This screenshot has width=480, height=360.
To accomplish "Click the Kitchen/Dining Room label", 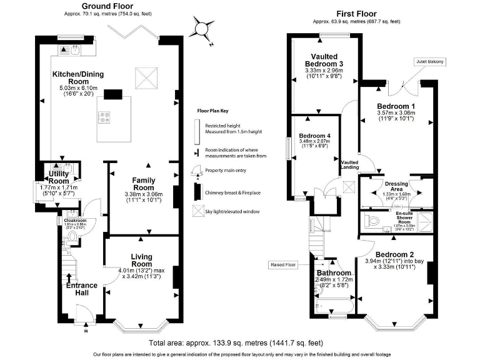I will [x=78, y=77].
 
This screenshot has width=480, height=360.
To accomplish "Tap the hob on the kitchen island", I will [x=104, y=116].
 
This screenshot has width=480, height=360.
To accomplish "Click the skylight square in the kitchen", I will [x=148, y=80].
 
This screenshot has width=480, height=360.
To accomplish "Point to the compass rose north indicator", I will [x=202, y=29].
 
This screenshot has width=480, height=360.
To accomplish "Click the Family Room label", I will [x=143, y=184].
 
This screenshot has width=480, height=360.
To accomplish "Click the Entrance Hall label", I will [x=81, y=289].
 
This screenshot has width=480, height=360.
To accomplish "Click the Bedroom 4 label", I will [x=314, y=136].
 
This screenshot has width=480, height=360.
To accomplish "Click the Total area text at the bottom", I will [x=236, y=343].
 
